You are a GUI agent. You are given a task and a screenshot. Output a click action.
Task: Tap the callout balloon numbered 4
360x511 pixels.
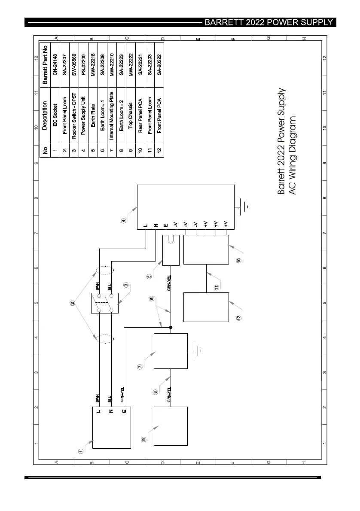coord(124,222)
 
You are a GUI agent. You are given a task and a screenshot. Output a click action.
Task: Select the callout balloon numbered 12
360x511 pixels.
coord(239,318)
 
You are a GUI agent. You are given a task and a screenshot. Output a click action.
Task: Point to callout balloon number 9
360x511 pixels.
coord(143,439)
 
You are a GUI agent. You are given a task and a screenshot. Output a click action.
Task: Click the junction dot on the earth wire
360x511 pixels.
coord(171,328)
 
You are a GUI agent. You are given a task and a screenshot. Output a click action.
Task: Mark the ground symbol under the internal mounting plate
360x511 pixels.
coord(198,351)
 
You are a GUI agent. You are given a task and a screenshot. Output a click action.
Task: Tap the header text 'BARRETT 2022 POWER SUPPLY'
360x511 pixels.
coord(269,22)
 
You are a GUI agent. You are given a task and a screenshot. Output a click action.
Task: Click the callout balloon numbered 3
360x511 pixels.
coord(126,285)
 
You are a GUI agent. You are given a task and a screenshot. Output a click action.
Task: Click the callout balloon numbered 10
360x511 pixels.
coord(239,260)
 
